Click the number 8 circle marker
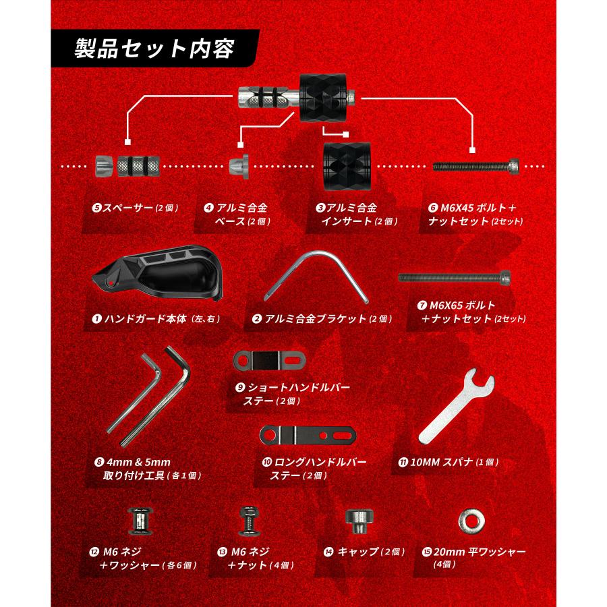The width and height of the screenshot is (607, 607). point(98,463)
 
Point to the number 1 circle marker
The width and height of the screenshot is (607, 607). point(96,318)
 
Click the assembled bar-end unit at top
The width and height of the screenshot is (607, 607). point(297,98)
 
